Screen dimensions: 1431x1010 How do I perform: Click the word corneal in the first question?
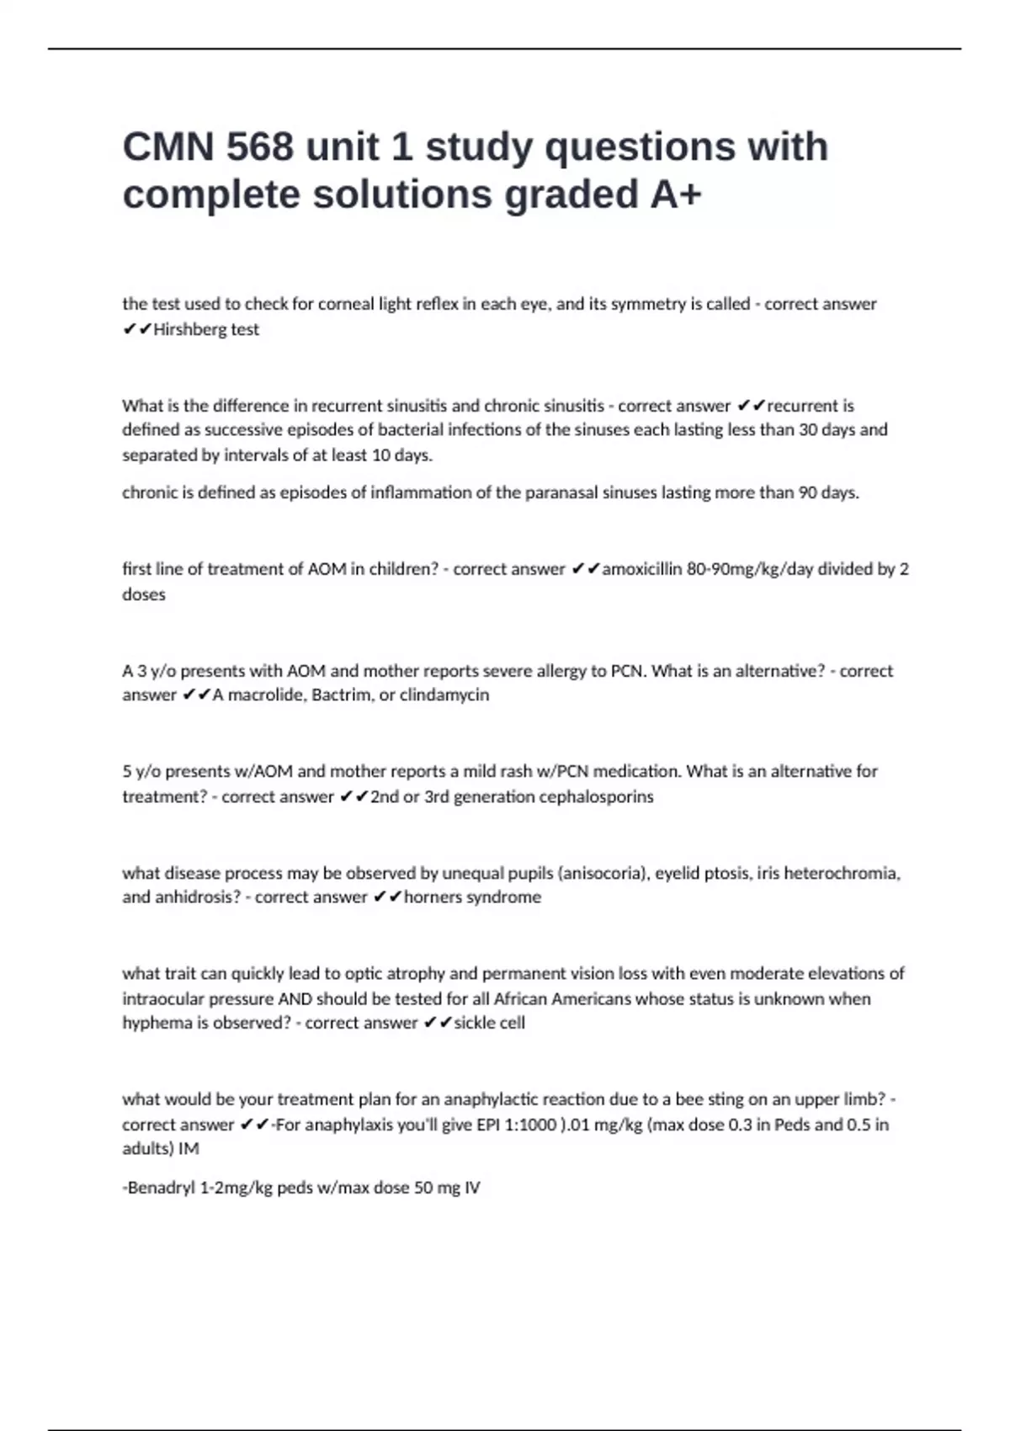(x=346, y=304)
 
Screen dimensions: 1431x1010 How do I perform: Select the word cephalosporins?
(x=596, y=796)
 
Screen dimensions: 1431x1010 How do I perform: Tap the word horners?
(x=433, y=897)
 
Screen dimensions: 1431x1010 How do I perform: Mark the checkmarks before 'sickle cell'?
(x=438, y=1023)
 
